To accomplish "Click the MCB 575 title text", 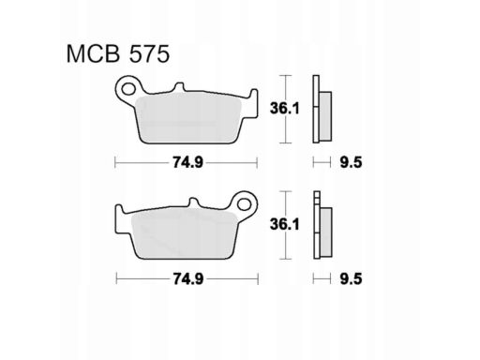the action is [x=118, y=54].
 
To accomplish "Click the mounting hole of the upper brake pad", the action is [x=128, y=89].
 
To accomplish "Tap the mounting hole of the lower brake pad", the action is [x=244, y=204].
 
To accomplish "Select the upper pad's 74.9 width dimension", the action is [x=188, y=162].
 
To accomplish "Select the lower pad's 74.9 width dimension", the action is [x=188, y=278].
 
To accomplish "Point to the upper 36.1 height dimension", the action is [x=285, y=109].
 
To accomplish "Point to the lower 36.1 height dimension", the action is [x=285, y=224].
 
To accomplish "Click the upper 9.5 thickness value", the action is [x=351, y=162].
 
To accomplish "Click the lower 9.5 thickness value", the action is [x=351, y=278].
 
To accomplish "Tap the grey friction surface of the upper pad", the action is [x=189, y=119].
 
